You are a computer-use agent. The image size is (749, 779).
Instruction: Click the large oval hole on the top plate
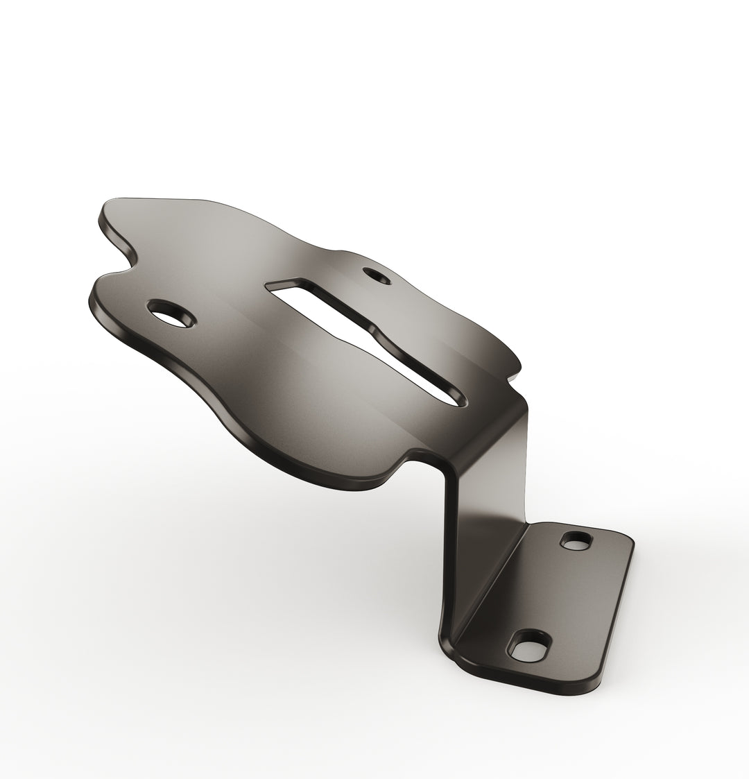point(171,314)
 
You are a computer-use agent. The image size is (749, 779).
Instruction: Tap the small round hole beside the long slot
point(377,276)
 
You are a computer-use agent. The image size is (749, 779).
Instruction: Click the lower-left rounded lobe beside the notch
point(104,291)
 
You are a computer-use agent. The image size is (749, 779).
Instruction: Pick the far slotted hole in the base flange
point(576,540)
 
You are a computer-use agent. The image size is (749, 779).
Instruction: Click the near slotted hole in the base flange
point(529,647)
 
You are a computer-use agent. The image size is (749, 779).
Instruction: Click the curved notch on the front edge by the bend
point(409,461)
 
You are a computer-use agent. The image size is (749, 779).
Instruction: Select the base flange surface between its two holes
point(555,593)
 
